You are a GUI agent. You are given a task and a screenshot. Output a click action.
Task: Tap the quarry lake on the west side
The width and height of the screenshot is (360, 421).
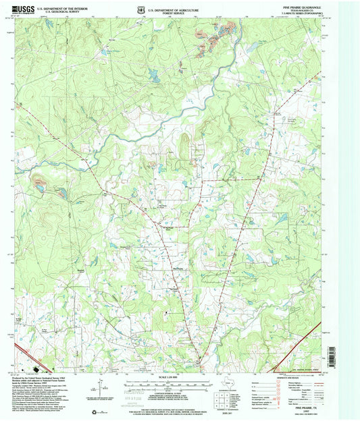41,184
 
